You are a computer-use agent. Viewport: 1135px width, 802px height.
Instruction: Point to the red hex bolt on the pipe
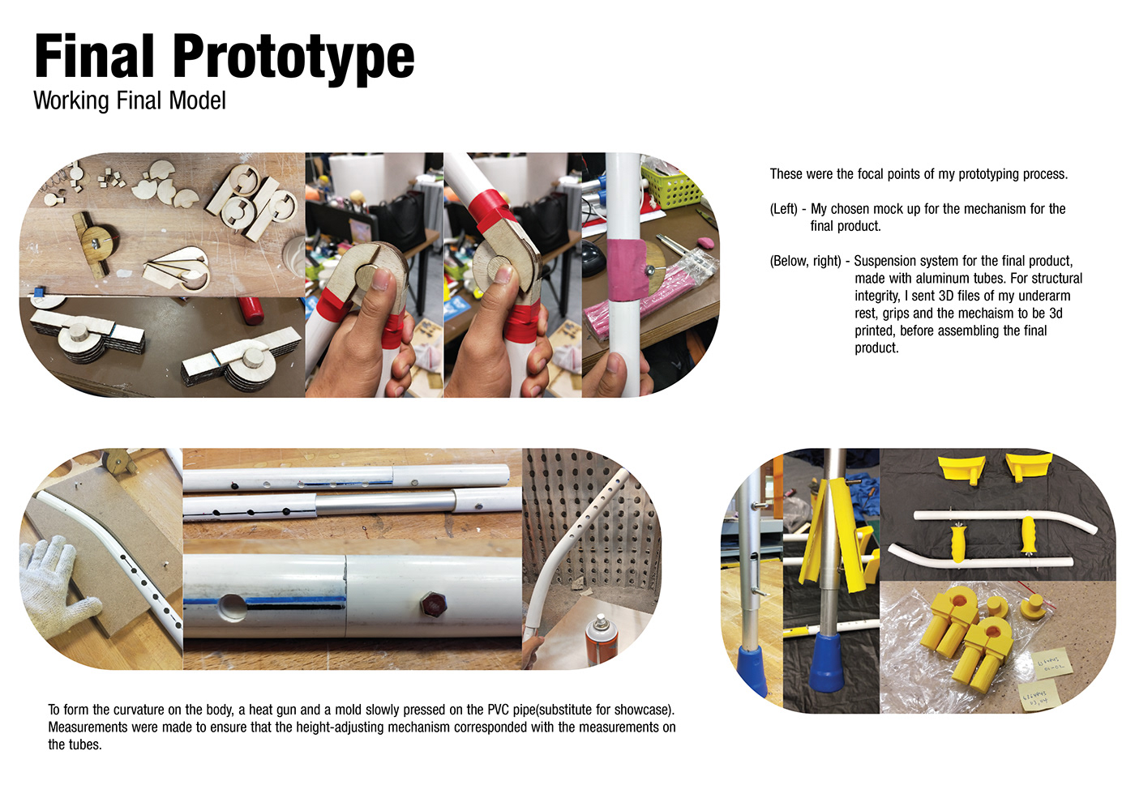point(430,604)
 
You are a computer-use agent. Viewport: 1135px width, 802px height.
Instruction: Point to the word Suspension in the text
point(884,261)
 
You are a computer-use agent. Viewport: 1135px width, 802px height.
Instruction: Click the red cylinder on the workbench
point(251,309)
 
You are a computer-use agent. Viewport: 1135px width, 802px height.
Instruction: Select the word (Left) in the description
point(784,209)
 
